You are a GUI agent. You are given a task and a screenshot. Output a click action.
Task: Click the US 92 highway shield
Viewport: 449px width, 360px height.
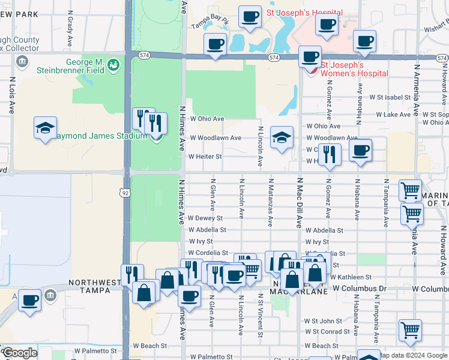pyautogui.click(x=124, y=193)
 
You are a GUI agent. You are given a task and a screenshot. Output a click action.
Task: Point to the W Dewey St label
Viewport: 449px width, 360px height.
pyautogui.click(x=205, y=218)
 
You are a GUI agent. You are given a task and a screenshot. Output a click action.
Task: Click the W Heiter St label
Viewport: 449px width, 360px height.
pyautogui.click(x=205, y=157)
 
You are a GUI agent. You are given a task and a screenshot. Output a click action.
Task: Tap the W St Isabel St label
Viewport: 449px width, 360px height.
pyautogui.click(x=390, y=97)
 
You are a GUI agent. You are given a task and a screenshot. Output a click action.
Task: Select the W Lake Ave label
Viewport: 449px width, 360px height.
pyautogui.click(x=393, y=115)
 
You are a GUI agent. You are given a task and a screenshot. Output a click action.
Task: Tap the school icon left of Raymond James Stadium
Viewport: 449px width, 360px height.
pyautogui.click(x=45, y=128)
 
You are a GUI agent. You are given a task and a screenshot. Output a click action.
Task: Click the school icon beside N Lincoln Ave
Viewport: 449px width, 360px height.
pyautogui.click(x=281, y=137)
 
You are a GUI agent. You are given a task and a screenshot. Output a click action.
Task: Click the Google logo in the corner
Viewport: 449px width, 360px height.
pyautogui.click(x=19, y=353)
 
